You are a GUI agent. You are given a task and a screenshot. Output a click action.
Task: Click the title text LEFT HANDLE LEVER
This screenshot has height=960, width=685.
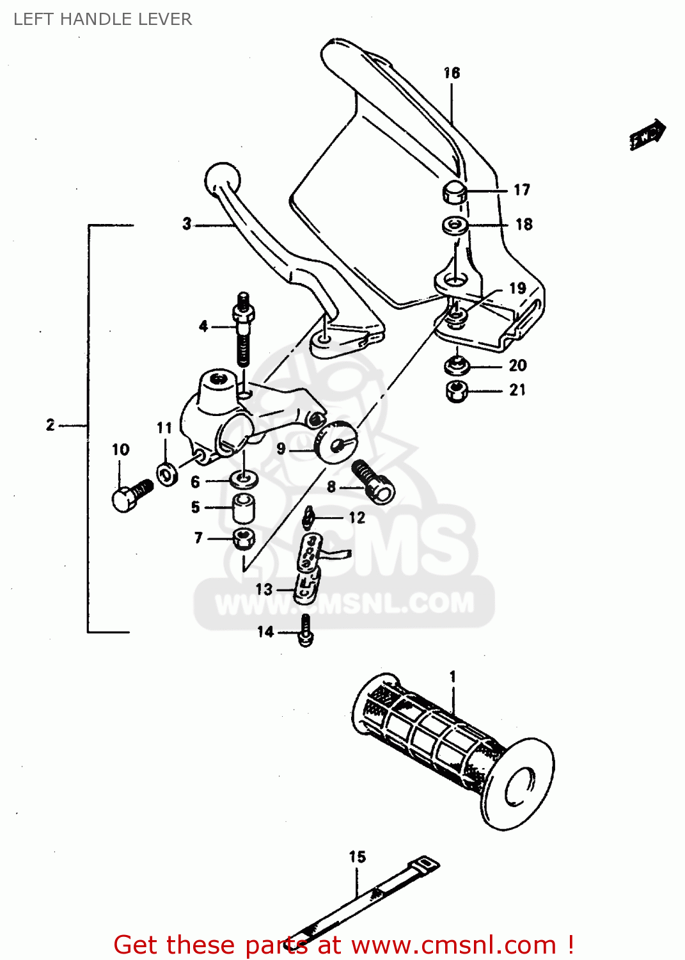[x=102, y=19]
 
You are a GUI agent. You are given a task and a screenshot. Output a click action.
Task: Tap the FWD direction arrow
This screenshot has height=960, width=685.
[x=647, y=134]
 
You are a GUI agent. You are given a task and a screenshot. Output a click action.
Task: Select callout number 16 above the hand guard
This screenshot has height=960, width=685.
[x=452, y=73]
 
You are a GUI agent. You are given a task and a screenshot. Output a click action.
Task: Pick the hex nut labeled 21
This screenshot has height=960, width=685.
[x=456, y=390]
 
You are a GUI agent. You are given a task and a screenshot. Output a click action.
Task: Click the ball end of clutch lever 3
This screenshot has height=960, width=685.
[x=222, y=178]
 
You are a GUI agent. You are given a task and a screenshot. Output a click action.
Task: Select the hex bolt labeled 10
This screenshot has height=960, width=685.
[x=128, y=496]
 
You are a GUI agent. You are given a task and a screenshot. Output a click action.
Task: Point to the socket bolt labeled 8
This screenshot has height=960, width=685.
[x=374, y=483]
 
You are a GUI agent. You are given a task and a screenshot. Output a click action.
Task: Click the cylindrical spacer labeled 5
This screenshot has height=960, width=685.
[x=243, y=508]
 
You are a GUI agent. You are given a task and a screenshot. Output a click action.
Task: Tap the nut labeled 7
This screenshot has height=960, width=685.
[x=243, y=539]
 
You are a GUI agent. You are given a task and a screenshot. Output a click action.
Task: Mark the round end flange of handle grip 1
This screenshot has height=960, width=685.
[x=519, y=784]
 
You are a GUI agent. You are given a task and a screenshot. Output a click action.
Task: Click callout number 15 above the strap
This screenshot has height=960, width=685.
[x=357, y=856]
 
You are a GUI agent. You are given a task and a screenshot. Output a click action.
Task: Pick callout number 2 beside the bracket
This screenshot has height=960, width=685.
[x=51, y=425]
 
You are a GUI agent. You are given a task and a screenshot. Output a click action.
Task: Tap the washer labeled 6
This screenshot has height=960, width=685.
[x=244, y=478]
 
